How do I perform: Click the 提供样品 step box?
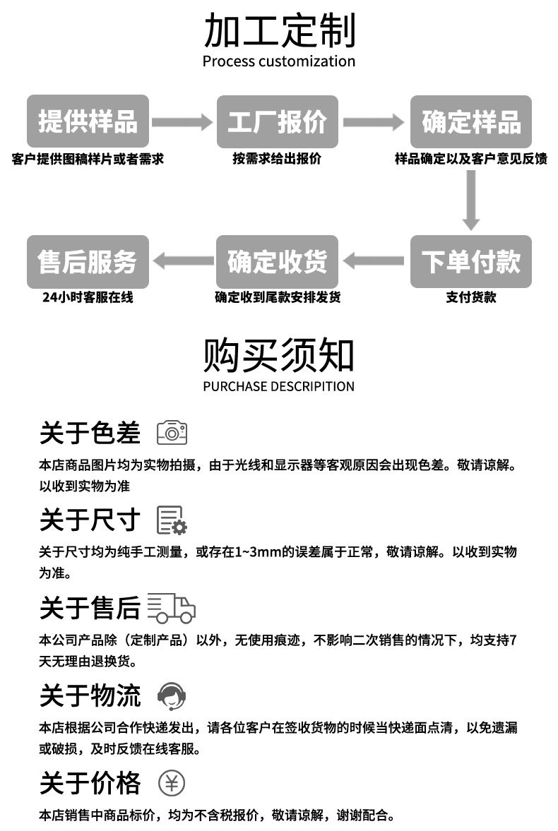click(88, 121)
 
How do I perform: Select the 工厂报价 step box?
click(278, 121)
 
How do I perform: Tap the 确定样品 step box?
click(471, 121)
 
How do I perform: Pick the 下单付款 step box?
click(471, 261)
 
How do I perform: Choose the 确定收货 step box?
click(278, 261)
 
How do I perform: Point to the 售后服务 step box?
click(88, 261)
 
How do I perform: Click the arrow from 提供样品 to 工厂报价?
click(182, 122)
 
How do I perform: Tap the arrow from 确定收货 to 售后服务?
click(182, 261)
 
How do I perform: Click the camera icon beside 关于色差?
click(172, 432)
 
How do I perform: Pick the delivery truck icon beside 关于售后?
click(172, 607)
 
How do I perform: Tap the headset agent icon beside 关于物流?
click(172, 695)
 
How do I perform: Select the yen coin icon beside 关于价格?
click(172, 782)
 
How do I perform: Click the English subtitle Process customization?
click(279, 61)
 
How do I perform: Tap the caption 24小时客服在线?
click(88, 297)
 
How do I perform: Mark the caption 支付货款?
click(471, 297)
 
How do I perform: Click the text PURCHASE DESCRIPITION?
click(279, 386)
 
